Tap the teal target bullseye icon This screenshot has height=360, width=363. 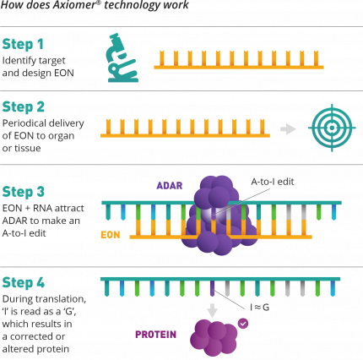pyautogui.click(x=328, y=128)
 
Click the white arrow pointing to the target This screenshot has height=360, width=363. pyautogui.click(x=288, y=129)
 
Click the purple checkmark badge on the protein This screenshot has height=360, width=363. pyautogui.click(x=244, y=322)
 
